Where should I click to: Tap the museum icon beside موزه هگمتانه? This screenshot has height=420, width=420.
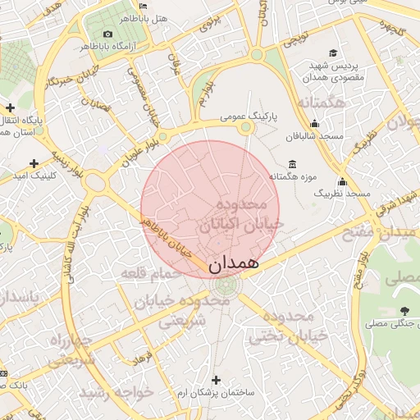[292, 165]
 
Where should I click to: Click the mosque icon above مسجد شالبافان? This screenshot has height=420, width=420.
[313, 124]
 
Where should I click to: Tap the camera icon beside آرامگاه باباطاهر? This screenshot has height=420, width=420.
[107, 34]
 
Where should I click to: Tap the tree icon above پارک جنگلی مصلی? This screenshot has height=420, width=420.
[404, 310]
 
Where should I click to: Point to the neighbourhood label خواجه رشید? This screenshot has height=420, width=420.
[123, 392]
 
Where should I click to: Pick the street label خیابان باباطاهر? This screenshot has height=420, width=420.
[169, 237]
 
